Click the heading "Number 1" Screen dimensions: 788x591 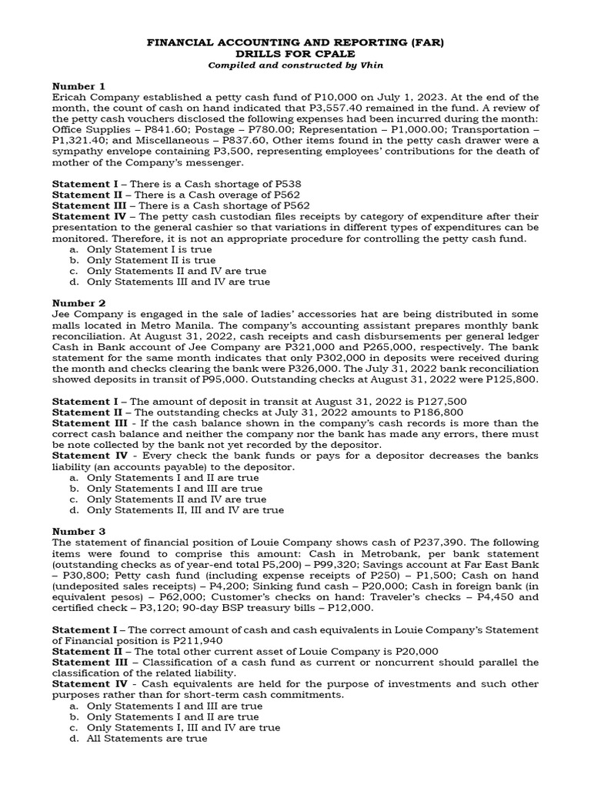(77, 85)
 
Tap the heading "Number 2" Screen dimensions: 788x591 (78, 303)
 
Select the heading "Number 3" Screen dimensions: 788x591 (78, 531)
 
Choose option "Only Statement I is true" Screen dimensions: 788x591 (144, 250)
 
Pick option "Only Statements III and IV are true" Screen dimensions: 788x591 (178, 282)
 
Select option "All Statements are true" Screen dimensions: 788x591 (147, 739)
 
